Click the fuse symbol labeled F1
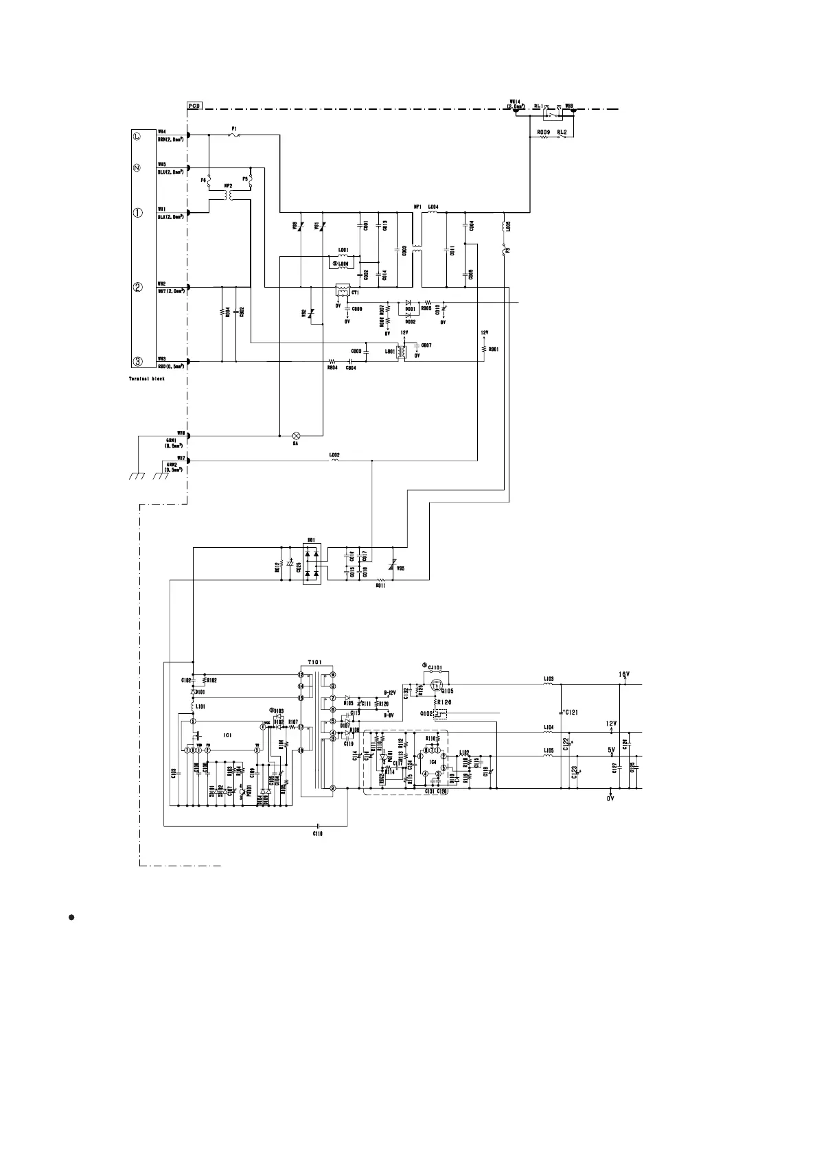235,135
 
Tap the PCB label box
194,106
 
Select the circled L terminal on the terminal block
137,136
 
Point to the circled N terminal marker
137,168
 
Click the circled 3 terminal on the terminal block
137,361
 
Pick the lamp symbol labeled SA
297,435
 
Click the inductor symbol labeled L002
335,461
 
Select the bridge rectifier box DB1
312,564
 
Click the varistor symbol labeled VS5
393,564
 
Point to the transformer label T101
314,661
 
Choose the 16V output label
624,675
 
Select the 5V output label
611,750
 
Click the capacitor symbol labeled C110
318,825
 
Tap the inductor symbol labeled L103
549,684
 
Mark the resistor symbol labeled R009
544,137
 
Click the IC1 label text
228,735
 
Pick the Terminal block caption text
147,378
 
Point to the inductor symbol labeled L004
433,212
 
